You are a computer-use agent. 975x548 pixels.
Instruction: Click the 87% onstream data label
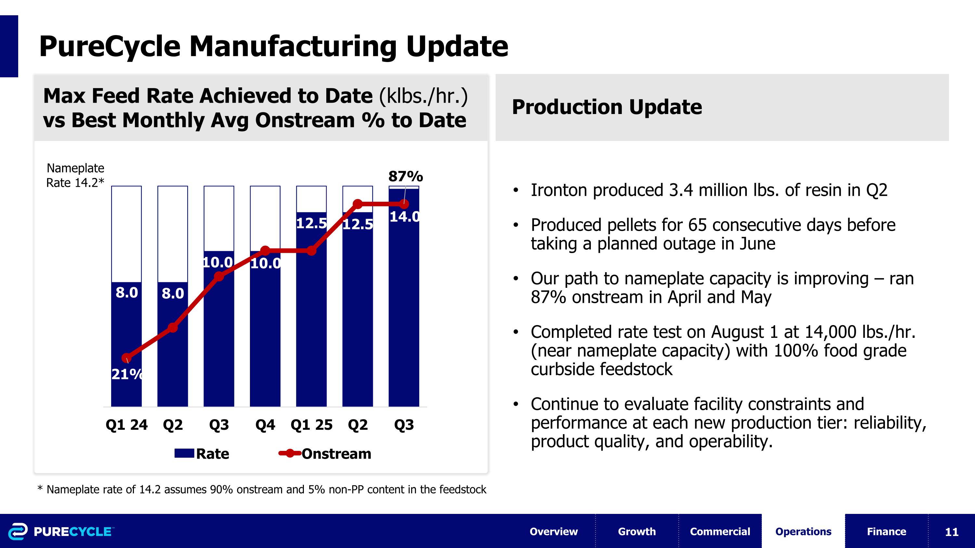click(405, 176)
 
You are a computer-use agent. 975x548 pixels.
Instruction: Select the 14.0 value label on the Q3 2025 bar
click(404, 217)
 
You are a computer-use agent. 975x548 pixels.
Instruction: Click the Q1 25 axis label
click(311, 425)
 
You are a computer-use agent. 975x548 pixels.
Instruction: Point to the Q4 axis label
click(265, 425)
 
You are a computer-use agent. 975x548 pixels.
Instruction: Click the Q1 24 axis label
click(126, 425)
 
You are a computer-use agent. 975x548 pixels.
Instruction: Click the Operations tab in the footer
click(803, 531)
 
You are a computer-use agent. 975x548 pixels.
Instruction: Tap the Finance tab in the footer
click(886, 531)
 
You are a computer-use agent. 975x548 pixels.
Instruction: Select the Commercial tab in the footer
click(720, 531)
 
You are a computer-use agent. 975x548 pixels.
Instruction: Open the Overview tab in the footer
click(553, 531)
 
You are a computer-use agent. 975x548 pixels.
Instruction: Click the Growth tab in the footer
click(637, 531)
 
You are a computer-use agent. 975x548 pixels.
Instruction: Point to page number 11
click(952, 532)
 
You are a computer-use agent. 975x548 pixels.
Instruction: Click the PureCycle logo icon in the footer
click(18, 531)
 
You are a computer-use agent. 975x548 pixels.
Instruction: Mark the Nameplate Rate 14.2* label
click(75, 175)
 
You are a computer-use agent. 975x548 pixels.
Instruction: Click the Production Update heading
click(607, 107)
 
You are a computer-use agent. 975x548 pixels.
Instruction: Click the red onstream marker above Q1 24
click(126, 357)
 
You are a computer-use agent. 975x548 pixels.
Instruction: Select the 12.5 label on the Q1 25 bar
click(311, 223)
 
